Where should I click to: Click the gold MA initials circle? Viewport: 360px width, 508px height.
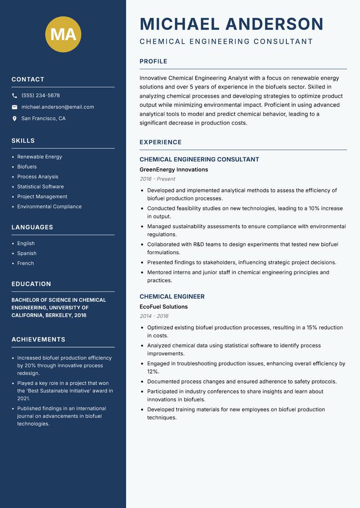[63, 34]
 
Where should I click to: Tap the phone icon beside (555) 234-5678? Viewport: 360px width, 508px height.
[14, 96]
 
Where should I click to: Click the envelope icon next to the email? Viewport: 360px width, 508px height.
[14, 107]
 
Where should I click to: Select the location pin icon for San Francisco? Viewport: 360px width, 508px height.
[14, 119]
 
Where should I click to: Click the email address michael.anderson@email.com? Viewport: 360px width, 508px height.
[58, 107]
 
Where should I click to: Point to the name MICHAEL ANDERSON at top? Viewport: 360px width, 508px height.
[231, 24]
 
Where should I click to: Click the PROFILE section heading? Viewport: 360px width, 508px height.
[153, 62]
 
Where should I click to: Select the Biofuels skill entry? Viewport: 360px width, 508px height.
[27, 167]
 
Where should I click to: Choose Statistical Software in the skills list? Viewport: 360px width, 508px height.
[40, 187]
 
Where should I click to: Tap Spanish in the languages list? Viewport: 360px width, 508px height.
[27, 254]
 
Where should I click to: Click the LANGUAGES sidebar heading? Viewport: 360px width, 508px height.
[32, 227]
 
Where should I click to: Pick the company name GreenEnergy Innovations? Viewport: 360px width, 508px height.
[174, 169]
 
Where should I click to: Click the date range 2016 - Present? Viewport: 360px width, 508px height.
[157, 179]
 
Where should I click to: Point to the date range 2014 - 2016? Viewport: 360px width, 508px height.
[154, 316]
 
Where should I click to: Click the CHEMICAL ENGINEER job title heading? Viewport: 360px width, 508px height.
[172, 297]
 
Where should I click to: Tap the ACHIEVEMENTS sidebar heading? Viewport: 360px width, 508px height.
[38, 339]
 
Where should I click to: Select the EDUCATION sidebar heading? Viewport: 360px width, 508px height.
[31, 284]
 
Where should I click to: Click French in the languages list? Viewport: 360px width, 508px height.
[26, 263]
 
